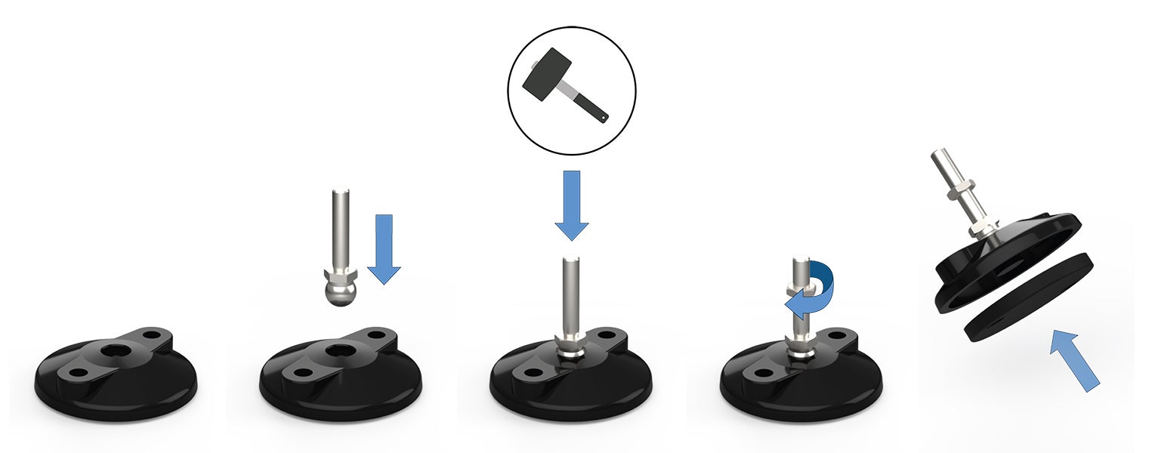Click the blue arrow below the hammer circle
point(572,205)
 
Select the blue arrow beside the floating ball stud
point(384,248)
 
